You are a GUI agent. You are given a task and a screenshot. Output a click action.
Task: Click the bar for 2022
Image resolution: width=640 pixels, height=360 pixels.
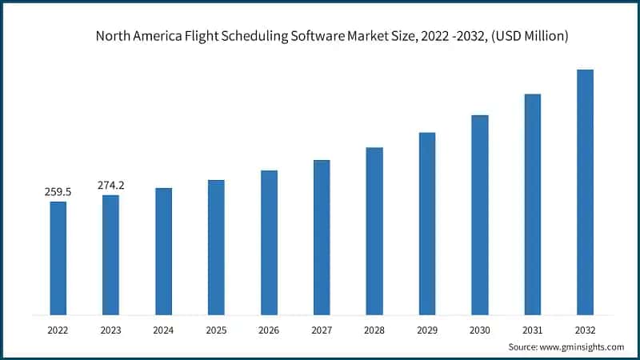(x=58, y=258)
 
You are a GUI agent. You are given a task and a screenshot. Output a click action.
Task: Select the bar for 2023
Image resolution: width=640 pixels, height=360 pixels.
(x=110, y=254)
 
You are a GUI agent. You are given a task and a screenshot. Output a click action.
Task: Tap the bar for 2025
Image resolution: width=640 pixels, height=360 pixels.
(x=216, y=246)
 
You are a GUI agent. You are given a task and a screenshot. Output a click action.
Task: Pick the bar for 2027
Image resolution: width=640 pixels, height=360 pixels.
(x=322, y=237)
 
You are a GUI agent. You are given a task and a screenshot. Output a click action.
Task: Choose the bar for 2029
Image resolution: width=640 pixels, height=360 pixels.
(x=427, y=223)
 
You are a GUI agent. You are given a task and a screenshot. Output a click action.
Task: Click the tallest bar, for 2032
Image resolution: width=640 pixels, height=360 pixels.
(x=586, y=192)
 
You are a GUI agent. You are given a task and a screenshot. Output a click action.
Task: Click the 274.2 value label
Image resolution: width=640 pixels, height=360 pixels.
(x=110, y=186)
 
